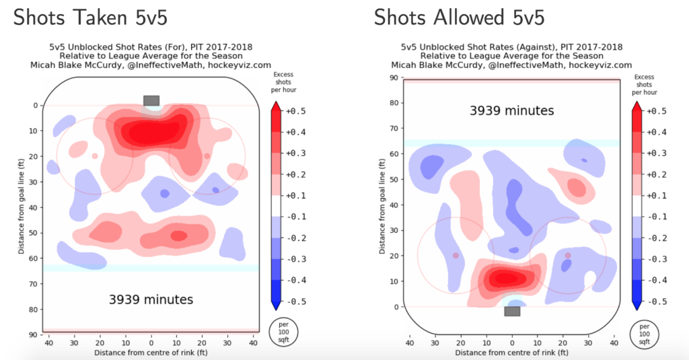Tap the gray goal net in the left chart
(x=151, y=100)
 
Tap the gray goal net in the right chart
(x=512, y=311)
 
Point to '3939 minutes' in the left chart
(x=151, y=299)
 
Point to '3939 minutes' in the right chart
(x=512, y=110)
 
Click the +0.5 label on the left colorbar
(x=296, y=110)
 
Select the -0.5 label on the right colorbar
(x=657, y=301)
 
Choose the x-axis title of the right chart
(x=512, y=352)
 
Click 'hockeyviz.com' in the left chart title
(x=241, y=65)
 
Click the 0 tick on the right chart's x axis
(x=512, y=343)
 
